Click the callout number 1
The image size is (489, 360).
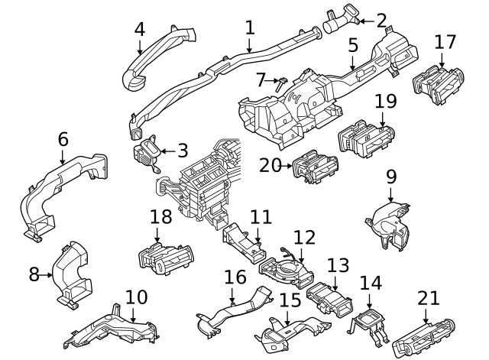250,28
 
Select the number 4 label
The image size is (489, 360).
139,29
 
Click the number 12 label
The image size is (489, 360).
303,237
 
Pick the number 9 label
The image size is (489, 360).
391,177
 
